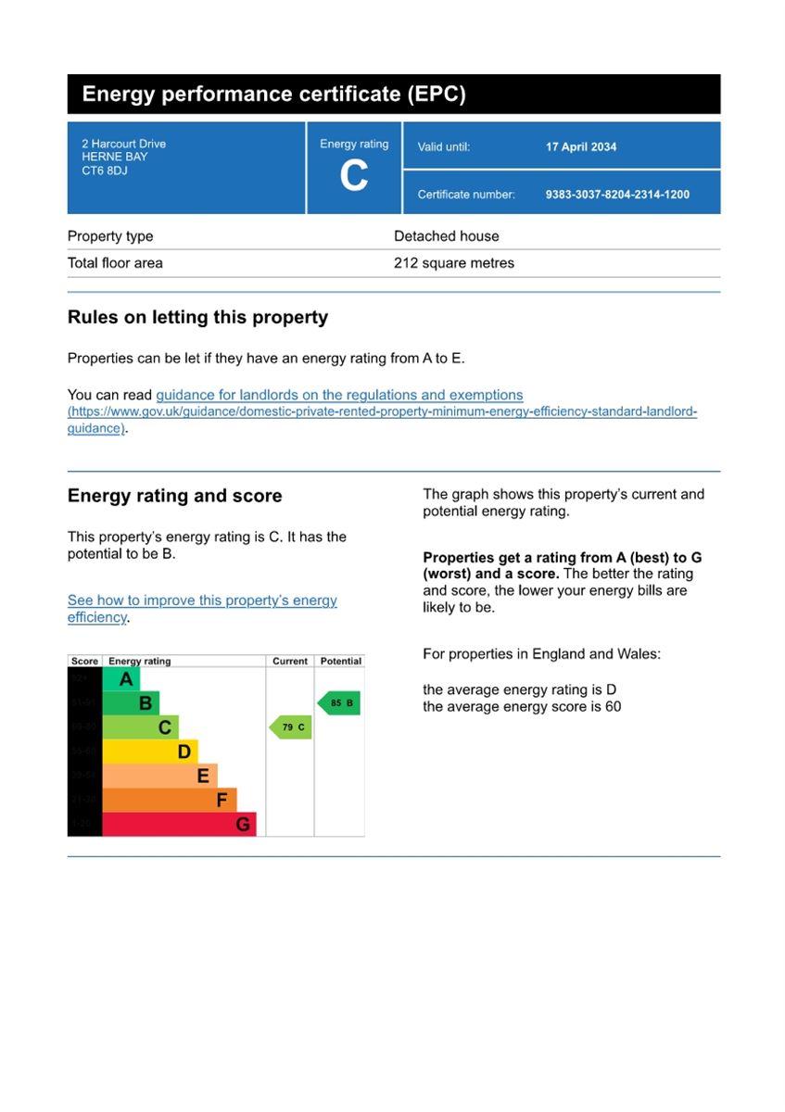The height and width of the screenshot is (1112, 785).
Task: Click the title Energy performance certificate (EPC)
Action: pos(273,95)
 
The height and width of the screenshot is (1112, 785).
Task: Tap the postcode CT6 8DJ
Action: pos(105,171)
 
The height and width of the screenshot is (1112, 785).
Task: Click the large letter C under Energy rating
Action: pos(354,176)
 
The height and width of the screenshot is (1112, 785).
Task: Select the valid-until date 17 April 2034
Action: pos(581,146)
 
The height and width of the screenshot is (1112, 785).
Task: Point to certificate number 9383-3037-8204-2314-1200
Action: pos(617,195)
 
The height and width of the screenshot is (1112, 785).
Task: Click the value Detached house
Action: pos(446,236)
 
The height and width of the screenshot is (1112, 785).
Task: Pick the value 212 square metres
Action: pos(453,263)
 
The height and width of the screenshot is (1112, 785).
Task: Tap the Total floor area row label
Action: pos(115,263)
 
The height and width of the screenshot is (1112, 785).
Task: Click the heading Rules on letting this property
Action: pos(197,318)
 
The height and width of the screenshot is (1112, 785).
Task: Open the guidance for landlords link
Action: pos(339,395)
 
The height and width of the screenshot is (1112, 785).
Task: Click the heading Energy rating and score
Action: pos(174,497)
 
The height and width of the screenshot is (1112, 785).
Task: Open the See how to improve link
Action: pos(202,600)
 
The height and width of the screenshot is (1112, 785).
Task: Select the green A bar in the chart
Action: pos(121,679)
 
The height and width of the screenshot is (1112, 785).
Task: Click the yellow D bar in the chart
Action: pos(151,752)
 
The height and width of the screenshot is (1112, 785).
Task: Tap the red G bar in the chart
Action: pos(179,824)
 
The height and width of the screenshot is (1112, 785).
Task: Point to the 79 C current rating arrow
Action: pos(291,727)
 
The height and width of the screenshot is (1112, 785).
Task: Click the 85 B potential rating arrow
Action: pos(339,703)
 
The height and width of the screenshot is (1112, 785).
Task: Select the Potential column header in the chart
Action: pos(340,661)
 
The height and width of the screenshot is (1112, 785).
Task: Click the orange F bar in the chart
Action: pos(170,800)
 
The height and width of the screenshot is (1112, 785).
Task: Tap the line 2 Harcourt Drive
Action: pos(123,144)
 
